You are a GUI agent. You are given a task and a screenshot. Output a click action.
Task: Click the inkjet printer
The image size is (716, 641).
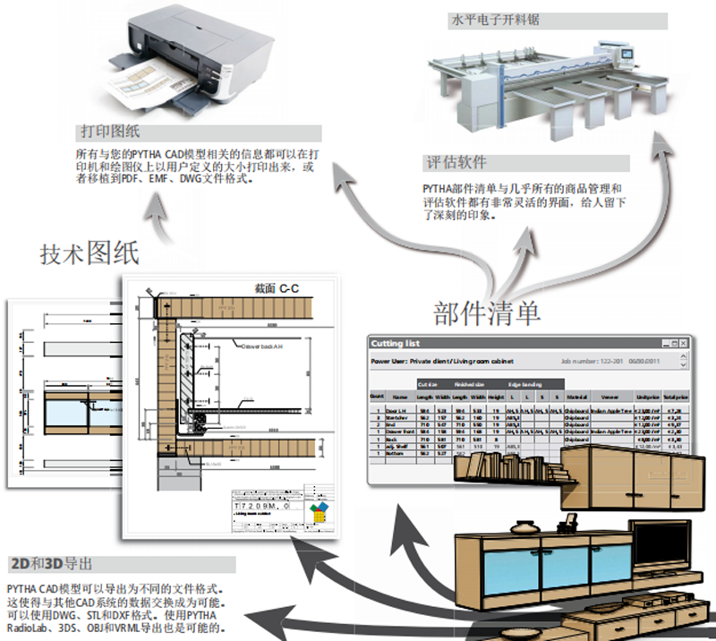pos(202,54)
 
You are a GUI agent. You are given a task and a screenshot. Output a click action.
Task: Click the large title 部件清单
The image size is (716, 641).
pos(487,312)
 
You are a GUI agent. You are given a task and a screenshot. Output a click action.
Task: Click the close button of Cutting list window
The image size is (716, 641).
pos(683,343)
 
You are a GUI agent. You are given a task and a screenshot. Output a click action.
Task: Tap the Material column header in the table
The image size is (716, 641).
pos(576,395)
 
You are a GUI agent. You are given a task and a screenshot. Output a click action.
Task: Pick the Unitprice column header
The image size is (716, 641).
pos(645,395)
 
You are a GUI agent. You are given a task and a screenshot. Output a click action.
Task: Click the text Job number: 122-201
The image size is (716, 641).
pos(595,363)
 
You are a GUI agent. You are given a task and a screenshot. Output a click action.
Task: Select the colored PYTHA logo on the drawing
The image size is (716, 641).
pos(317,512)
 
